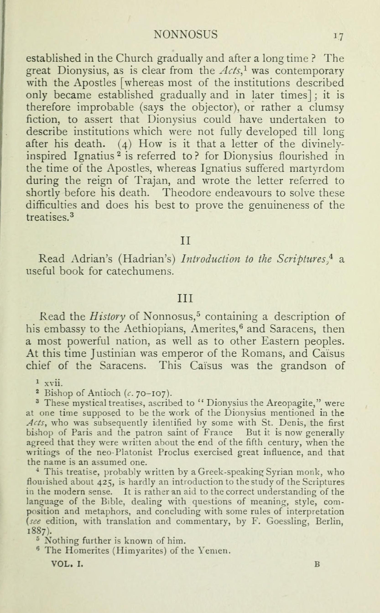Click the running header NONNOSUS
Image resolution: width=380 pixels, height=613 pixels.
click(x=186, y=35)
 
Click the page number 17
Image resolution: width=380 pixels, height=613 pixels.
click(x=338, y=37)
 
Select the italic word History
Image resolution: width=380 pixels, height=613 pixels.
click(x=107, y=317)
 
